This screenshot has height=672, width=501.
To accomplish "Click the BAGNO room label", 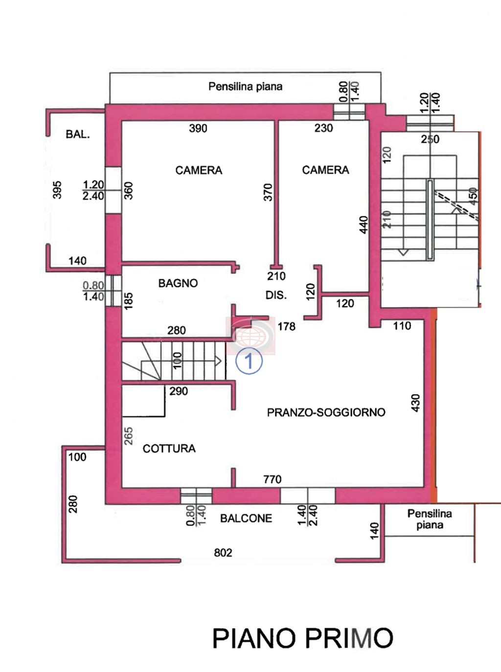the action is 178,283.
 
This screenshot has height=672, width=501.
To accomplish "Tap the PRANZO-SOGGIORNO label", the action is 326,412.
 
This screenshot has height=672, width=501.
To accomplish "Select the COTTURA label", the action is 169,448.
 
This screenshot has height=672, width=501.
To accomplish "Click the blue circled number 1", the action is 249,361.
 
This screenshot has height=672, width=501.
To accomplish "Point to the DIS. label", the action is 276,295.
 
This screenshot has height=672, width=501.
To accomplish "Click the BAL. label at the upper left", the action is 78,134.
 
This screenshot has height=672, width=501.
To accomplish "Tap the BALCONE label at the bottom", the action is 246,518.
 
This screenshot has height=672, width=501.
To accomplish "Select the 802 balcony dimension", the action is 223,553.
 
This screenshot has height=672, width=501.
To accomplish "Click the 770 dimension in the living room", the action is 272,479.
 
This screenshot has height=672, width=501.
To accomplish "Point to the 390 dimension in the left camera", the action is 198,128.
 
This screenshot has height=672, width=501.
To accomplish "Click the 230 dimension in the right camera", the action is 324,128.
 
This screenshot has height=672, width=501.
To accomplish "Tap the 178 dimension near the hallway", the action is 287,327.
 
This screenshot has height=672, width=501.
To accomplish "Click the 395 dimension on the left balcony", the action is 57,190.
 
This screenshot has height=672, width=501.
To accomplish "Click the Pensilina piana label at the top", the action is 245,87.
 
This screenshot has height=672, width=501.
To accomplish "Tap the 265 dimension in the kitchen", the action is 129,436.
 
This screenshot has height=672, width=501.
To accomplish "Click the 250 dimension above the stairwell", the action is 430,139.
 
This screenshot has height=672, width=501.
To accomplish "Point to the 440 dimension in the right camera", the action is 364,224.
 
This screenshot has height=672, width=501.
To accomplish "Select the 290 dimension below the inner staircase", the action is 179,391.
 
